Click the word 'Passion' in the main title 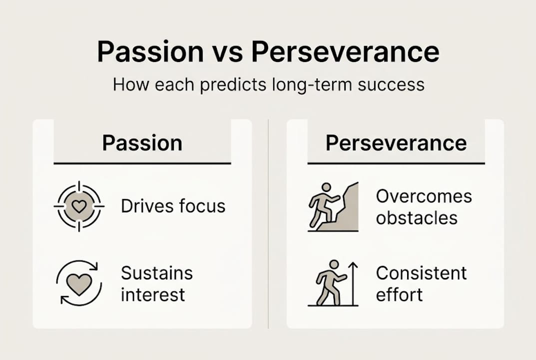(x=150, y=52)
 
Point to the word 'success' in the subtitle (x=392, y=84)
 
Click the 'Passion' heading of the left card (x=142, y=143)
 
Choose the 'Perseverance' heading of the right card (x=396, y=143)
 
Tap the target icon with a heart (x=79, y=206)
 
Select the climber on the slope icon (x=333, y=207)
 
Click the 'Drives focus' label (x=173, y=206)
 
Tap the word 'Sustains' (x=157, y=273)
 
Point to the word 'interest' (x=153, y=294)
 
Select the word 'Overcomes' (x=424, y=196)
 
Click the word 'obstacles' (x=417, y=217)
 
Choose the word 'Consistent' (x=421, y=273)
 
